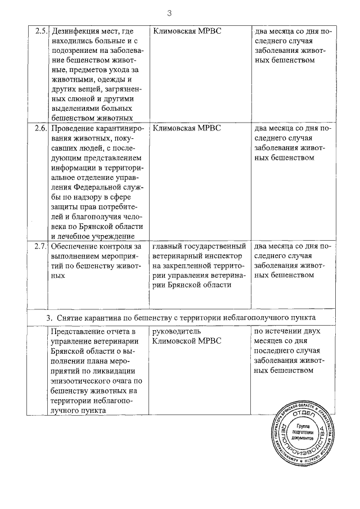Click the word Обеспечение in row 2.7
tap(76, 246)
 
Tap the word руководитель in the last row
tap(177, 331)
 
